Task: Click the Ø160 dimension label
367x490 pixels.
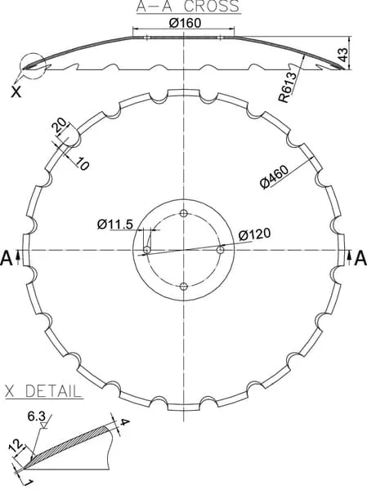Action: pyautogui.click(x=185, y=23)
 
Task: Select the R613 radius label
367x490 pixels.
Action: pyautogui.click(x=288, y=87)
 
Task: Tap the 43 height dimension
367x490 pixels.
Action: pyautogui.click(x=343, y=55)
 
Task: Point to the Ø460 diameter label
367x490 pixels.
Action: pyautogui.click(x=274, y=177)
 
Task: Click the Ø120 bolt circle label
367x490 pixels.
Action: pyautogui.click(x=254, y=234)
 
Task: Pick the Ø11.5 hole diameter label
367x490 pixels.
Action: pyautogui.click(x=115, y=224)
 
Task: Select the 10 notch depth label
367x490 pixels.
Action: pyautogui.click(x=82, y=164)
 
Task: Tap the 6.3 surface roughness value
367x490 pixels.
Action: pyautogui.click(x=36, y=416)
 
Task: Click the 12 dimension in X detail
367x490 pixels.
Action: pyautogui.click(x=20, y=446)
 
